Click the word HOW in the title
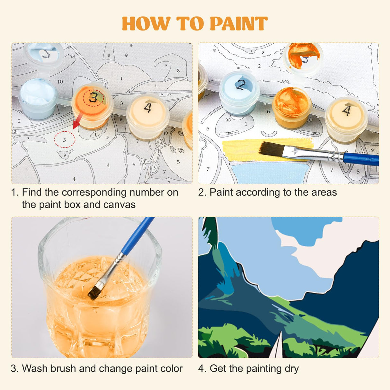click(146, 24)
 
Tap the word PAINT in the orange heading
click(239, 24)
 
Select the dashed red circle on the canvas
click(65, 140)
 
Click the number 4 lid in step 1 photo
click(148, 109)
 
